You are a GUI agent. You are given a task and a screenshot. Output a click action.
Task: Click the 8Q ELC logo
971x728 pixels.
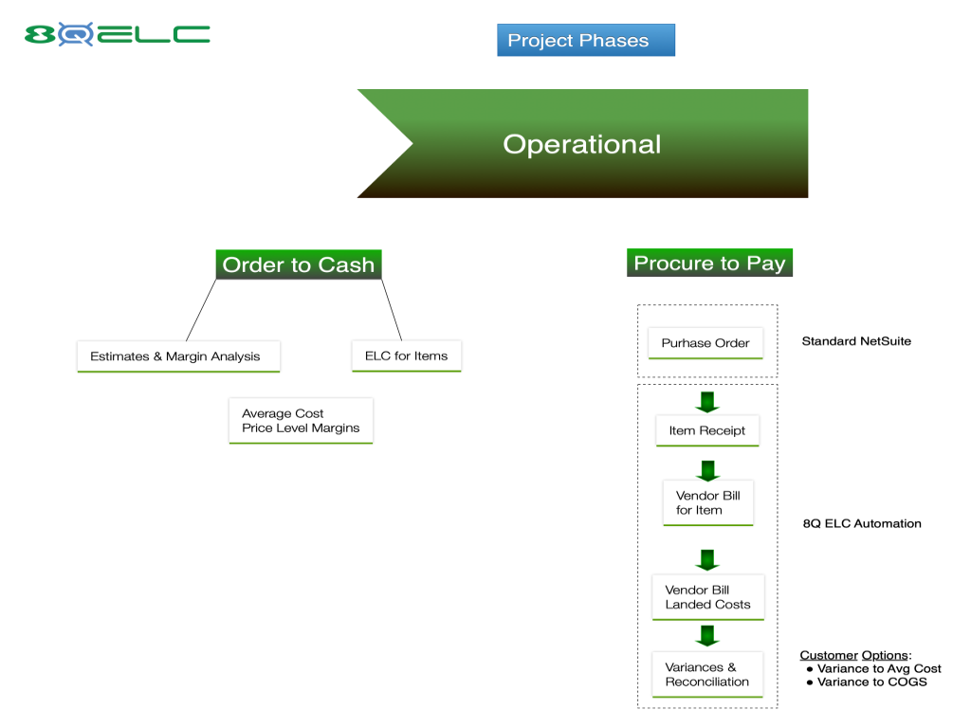click(x=117, y=34)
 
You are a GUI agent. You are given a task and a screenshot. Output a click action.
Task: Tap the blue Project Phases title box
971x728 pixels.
click(x=586, y=40)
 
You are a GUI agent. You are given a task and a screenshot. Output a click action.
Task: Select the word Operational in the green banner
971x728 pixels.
click(x=581, y=144)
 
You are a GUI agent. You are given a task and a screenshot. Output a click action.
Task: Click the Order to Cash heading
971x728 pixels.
click(x=299, y=265)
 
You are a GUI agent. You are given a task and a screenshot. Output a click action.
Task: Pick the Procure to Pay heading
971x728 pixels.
click(x=709, y=264)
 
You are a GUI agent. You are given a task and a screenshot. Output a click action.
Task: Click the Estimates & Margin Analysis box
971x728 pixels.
click(x=178, y=356)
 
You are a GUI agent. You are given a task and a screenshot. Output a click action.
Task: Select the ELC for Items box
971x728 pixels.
click(x=406, y=356)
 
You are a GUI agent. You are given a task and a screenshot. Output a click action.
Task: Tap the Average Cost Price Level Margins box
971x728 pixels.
click(x=301, y=421)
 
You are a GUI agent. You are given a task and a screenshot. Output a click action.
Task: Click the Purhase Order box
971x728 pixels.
click(x=705, y=343)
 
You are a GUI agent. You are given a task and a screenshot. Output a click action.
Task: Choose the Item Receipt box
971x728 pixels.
click(x=707, y=431)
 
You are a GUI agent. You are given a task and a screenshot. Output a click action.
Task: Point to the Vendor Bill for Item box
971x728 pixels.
click(x=707, y=503)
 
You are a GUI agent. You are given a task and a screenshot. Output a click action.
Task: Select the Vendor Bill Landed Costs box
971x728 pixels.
click(x=707, y=597)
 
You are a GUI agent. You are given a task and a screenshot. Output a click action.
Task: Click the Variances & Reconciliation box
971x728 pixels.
click(x=707, y=675)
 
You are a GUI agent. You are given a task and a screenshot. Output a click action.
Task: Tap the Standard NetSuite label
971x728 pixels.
click(x=856, y=341)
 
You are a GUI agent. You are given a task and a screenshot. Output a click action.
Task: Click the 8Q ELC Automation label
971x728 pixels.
click(x=862, y=523)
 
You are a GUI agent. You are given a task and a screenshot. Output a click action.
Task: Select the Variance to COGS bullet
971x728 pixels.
click(x=867, y=682)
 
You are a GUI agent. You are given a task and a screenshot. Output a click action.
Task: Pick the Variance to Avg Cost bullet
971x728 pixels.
click(x=873, y=668)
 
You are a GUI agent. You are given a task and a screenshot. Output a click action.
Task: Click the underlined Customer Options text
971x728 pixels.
click(x=854, y=655)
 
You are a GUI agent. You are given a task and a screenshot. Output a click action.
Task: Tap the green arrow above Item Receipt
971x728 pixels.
click(x=707, y=402)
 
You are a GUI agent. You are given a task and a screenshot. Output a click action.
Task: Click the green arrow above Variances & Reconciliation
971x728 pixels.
click(x=707, y=636)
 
